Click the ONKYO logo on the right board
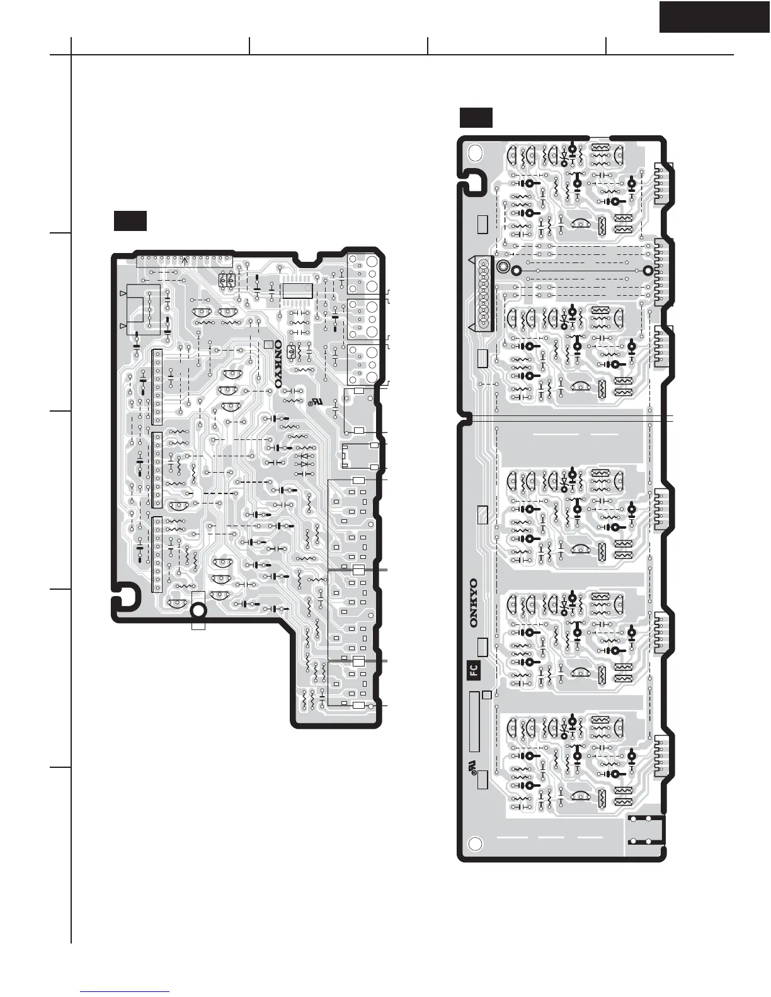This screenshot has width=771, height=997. point(474,603)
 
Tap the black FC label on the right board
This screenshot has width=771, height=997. point(474,671)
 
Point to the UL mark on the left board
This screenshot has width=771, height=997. point(315,402)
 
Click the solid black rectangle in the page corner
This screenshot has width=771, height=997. point(715,16)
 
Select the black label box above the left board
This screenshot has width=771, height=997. point(130,221)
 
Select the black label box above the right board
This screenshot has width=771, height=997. point(476,118)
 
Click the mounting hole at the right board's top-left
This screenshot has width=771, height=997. point(476,152)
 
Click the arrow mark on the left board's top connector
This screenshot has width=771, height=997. point(185,261)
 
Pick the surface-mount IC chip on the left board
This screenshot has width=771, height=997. point(297,291)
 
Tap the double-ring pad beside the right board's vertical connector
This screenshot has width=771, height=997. point(503,266)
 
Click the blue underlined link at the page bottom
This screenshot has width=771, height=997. point(125,979)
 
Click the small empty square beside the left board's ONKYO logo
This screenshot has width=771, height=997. point(269,344)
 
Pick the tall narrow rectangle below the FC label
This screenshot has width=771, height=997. point(474,722)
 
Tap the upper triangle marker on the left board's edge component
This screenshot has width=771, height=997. point(123,293)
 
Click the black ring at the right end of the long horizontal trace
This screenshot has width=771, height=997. point(648,271)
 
